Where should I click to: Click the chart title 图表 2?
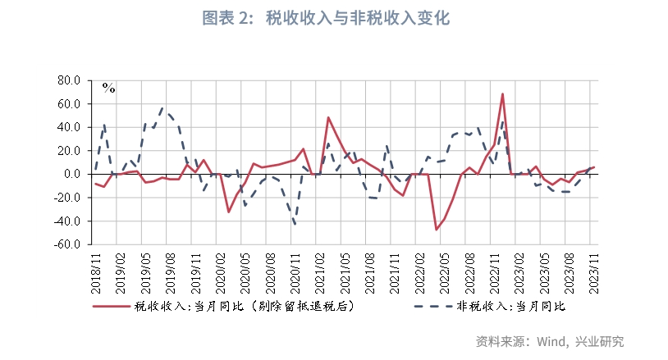335,18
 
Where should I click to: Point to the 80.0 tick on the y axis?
68,80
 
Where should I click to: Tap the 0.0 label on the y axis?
71,174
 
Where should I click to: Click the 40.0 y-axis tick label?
68,127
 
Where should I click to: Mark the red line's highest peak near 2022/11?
502,93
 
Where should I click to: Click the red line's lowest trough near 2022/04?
436,229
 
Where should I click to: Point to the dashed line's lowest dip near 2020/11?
294,224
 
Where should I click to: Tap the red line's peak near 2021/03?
328,117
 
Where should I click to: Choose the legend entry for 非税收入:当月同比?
498,307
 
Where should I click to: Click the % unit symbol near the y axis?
108,87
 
